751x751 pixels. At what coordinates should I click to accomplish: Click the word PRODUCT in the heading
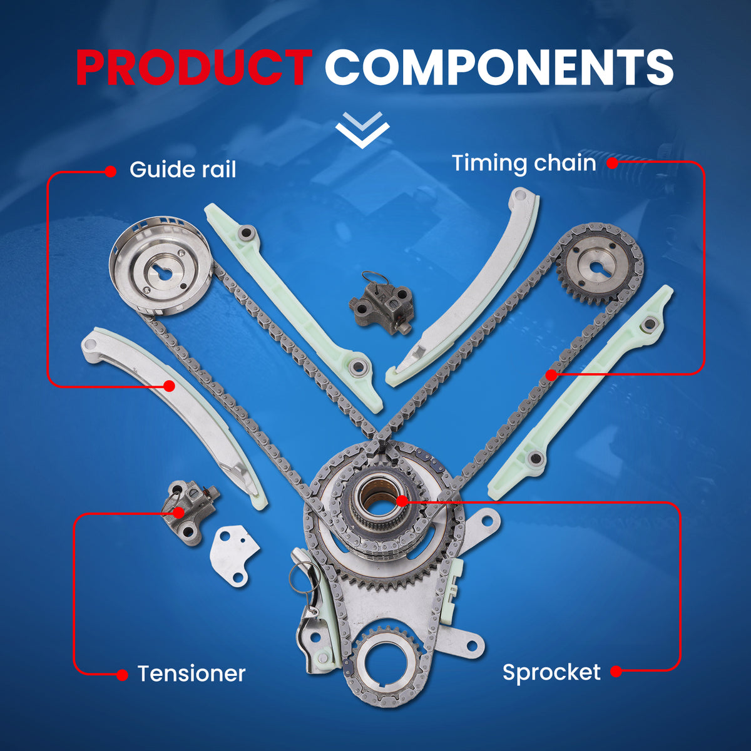point(194,67)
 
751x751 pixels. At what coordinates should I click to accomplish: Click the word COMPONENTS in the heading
point(499,67)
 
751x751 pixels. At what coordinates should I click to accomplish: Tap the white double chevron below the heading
point(362,130)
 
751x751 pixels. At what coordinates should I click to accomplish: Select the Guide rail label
point(183,170)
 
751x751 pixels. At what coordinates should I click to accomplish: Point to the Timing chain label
point(524,163)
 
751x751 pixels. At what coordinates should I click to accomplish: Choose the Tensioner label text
point(192,673)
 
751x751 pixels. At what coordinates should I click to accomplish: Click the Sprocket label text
point(551,672)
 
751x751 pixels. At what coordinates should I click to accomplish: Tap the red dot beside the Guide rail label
point(111,171)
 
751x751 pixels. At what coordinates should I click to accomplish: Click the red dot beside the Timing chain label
point(612,163)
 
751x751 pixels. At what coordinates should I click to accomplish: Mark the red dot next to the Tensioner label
point(123,675)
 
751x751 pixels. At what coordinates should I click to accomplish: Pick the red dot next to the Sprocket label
point(616,672)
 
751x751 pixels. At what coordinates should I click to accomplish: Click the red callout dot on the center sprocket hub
point(402,501)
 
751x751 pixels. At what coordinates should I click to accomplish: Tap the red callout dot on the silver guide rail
point(169,386)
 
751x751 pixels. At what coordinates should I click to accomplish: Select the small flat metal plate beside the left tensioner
point(234,554)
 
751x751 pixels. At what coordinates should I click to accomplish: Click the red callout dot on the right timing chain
point(551,375)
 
